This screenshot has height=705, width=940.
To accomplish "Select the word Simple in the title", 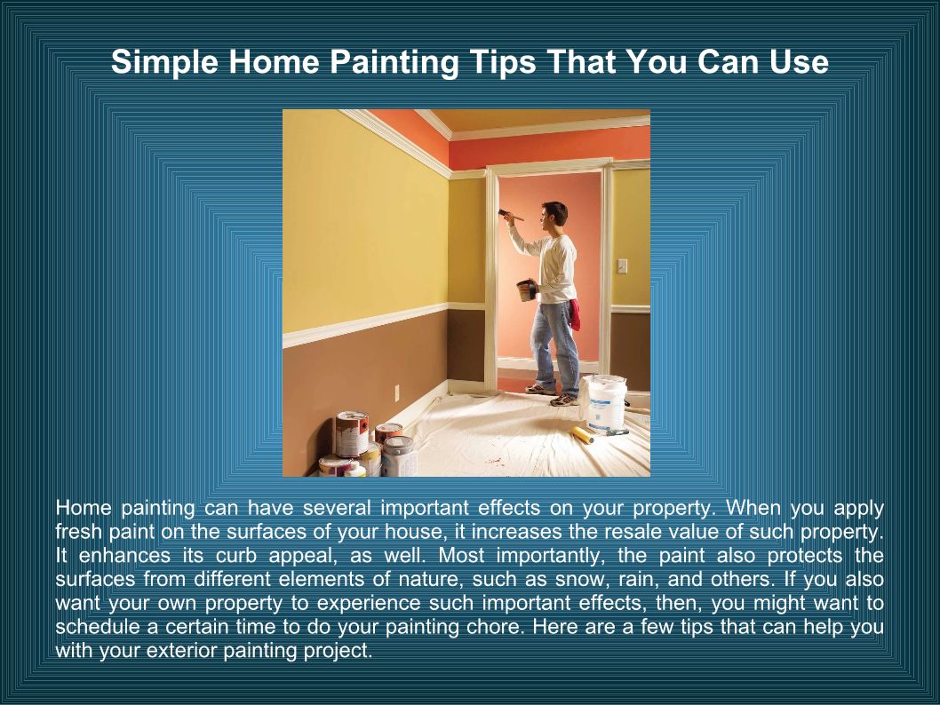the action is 164,63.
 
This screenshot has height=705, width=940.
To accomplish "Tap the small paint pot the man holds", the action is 527,290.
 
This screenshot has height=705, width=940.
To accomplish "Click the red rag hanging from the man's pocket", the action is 574,314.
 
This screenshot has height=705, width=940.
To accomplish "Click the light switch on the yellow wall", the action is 622,265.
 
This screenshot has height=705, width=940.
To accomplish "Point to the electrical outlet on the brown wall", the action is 396,393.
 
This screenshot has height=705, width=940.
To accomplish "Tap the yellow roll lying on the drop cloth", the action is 582,434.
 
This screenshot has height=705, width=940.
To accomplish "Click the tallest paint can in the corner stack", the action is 352,433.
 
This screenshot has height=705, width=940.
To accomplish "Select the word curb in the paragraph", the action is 236,556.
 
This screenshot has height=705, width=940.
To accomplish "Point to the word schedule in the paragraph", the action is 96,627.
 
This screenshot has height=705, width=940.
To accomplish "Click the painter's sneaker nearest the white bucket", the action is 564,400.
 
